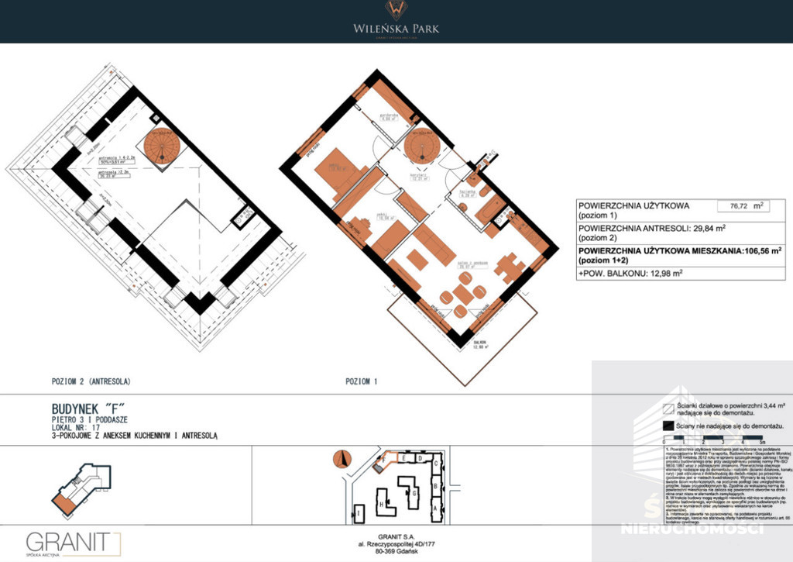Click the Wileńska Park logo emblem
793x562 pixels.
(396, 10)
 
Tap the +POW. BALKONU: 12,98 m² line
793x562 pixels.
(630, 273)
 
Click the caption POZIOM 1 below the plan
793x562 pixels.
(360, 381)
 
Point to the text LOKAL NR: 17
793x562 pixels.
(74, 427)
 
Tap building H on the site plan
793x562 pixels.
(383, 504)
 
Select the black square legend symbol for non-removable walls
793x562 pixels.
(668, 426)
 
